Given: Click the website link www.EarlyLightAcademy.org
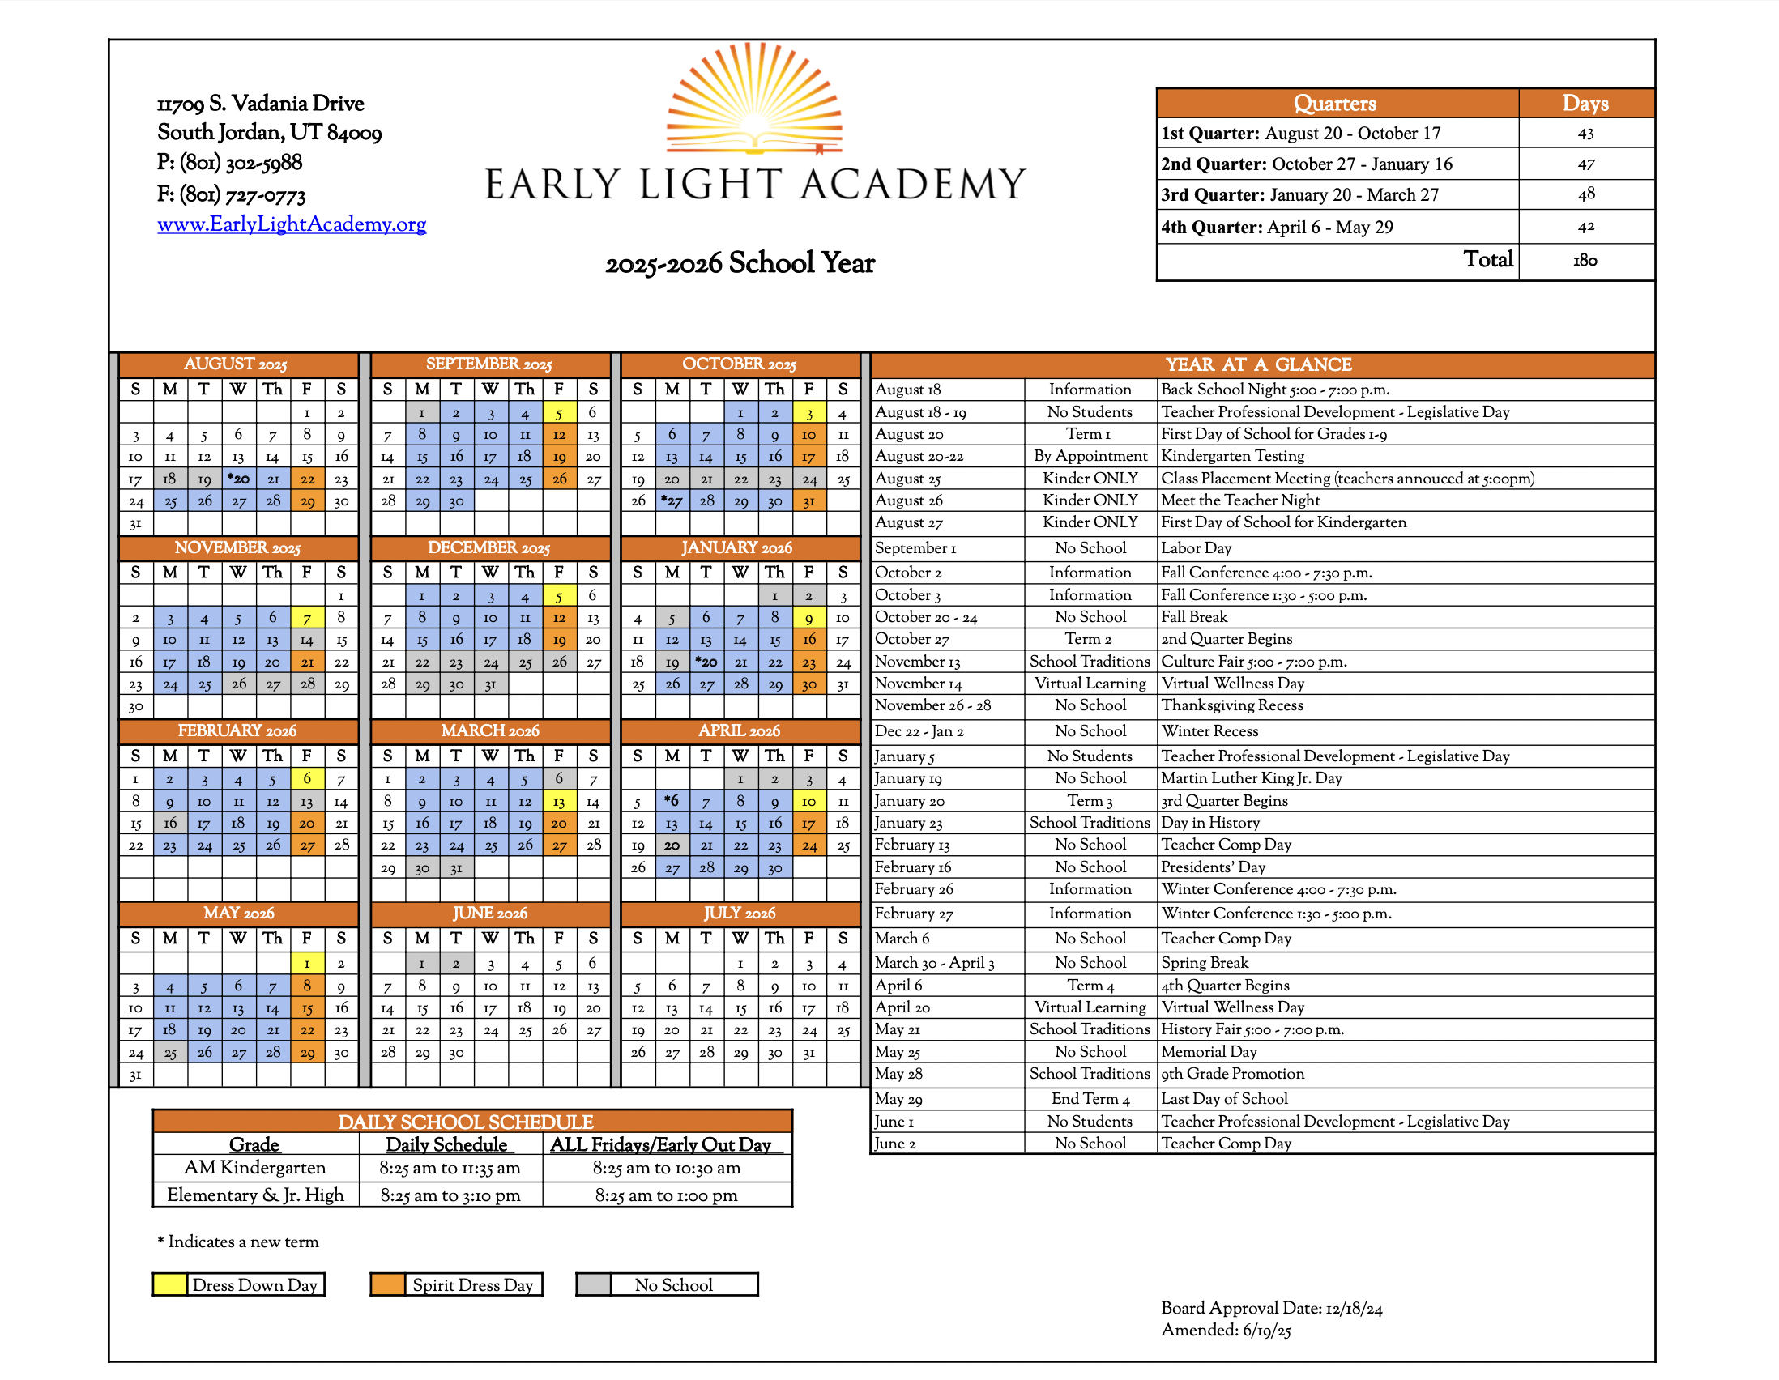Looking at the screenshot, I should (291, 224).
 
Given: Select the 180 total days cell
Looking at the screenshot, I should (1585, 261).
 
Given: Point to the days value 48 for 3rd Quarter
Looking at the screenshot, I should (1585, 194).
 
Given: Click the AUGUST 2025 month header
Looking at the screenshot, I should (237, 364).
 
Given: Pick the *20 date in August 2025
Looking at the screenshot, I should (238, 479).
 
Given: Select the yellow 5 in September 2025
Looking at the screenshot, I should (559, 414).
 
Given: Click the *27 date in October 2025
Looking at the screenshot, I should (672, 500).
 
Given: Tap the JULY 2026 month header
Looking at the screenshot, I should (740, 913).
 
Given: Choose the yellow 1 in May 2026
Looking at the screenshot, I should (307, 964).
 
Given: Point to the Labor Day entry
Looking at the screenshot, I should (1196, 548).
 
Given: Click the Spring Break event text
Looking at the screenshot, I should (1204, 962).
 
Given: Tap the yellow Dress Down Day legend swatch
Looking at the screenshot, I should (169, 1284).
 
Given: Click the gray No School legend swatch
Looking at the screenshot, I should (593, 1284).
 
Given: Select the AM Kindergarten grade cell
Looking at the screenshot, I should (255, 1168).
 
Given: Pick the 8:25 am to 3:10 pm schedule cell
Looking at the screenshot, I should (450, 1195).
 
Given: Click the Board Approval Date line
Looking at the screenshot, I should (1271, 1308).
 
